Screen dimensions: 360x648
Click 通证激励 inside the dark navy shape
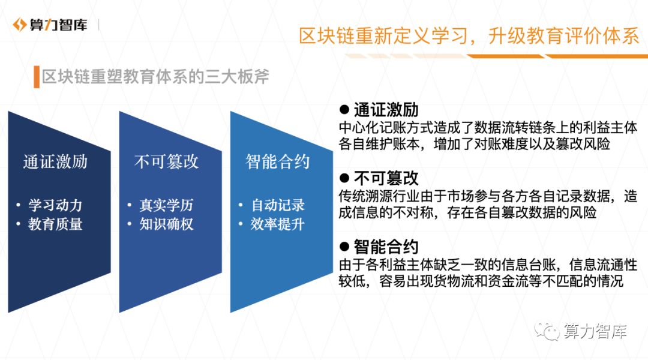click(55, 161)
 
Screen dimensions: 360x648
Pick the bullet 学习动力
click(55, 205)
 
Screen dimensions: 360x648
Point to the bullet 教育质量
click(55, 224)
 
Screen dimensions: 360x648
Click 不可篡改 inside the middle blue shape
click(166, 161)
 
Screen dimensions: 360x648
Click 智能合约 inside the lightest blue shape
click(278, 161)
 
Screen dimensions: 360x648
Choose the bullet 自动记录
click(278, 205)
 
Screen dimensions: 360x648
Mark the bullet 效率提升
click(278, 224)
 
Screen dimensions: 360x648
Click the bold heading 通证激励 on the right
click(386, 110)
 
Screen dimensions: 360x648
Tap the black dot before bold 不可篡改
click(344, 178)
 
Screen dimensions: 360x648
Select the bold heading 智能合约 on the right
click(386, 247)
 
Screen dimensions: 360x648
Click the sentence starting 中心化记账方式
click(487, 128)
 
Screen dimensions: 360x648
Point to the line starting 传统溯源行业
click(487, 196)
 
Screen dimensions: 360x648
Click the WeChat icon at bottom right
click(547, 331)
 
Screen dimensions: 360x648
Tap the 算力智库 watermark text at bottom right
click(595, 331)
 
